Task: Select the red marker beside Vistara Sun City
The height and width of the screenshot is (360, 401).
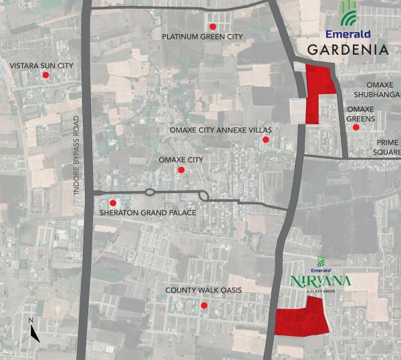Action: pos(45,75)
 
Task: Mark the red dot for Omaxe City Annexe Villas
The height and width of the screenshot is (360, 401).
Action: pos(265,140)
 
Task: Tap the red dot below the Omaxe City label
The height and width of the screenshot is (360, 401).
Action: pos(180,170)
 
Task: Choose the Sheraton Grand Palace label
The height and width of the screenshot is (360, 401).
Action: pos(147,213)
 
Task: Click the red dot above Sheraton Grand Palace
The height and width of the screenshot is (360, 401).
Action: pos(113,202)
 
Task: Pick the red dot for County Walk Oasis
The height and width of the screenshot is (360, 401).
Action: pos(204,305)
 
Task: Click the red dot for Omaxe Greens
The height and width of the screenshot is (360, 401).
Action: pos(356,127)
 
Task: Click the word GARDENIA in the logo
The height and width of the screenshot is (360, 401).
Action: pos(348,50)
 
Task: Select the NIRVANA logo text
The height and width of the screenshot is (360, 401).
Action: pos(320,281)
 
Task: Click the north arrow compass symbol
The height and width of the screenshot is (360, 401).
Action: pos(31,331)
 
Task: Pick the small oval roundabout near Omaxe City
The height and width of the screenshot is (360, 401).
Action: pos(150,192)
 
